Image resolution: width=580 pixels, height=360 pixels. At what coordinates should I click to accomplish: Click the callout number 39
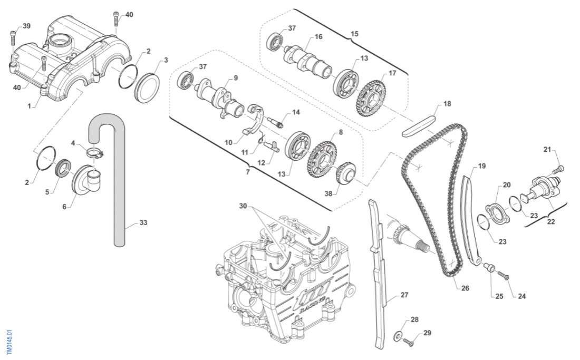click(x=26, y=26)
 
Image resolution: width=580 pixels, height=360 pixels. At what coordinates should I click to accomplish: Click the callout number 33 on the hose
click(x=143, y=222)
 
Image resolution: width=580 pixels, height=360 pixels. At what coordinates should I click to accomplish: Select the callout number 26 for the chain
click(x=465, y=288)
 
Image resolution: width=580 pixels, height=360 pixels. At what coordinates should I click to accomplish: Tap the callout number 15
click(x=354, y=34)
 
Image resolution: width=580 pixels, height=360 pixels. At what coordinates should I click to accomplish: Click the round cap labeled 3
click(x=147, y=86)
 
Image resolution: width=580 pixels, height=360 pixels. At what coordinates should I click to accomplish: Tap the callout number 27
click(x=404, y=295)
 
